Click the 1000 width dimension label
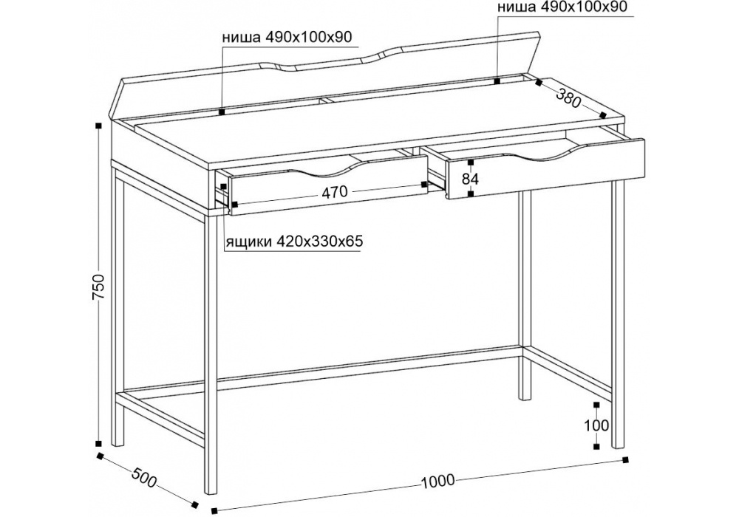click(437, 481)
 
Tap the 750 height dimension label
click(98, 287)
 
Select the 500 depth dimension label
click(143, 478)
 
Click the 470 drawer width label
click(335, 191)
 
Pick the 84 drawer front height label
click(470, 179)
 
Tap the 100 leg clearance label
click(596, 425)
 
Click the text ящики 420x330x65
click(294, 242)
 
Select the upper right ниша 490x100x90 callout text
click(562, 7)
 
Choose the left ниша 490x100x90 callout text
click(287, 37)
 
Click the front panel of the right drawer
click(545, 168)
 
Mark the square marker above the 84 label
click(470, 162)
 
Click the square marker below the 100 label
click(596, 446)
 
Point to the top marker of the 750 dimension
click(98, 126)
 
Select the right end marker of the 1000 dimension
click(626, 459)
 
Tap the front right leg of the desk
click(618, 313)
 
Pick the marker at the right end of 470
click(424, 184)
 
